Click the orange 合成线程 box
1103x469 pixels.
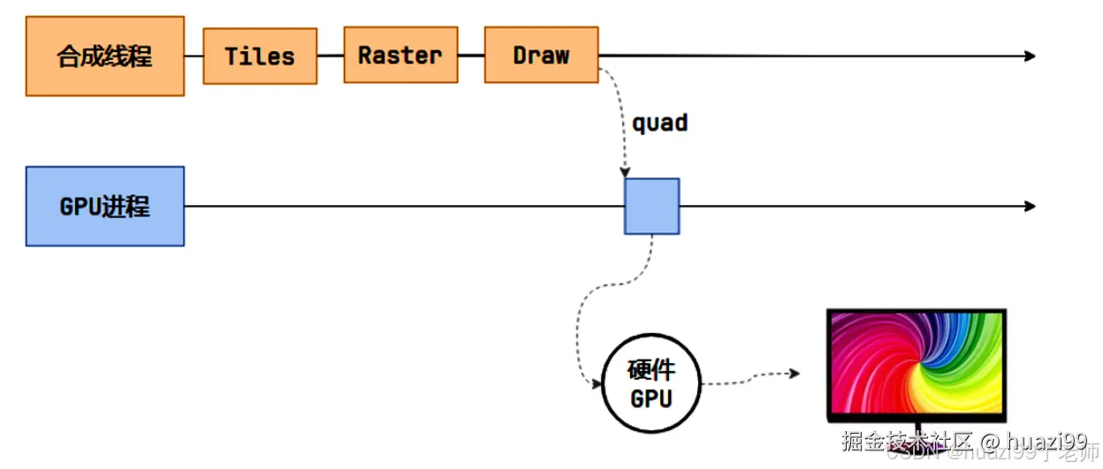[105, 56]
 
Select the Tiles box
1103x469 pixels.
[260, 56]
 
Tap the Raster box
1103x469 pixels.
[400, 55]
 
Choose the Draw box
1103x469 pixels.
[541, 55]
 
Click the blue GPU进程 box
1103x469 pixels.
[105, 206]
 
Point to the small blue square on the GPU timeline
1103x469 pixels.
[651, 206]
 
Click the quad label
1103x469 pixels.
[659, 123]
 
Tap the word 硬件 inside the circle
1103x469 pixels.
[651, 369]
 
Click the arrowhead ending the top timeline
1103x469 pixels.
[1030, 56]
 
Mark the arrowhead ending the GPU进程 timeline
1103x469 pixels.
[1030, 206]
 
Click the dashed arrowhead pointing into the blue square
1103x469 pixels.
[626, 172]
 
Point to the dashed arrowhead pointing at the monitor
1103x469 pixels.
[795, 374]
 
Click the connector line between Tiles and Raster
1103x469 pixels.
[331, 56]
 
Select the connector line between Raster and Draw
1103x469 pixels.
[471, 56]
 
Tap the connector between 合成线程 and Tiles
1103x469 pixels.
[194, 56]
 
